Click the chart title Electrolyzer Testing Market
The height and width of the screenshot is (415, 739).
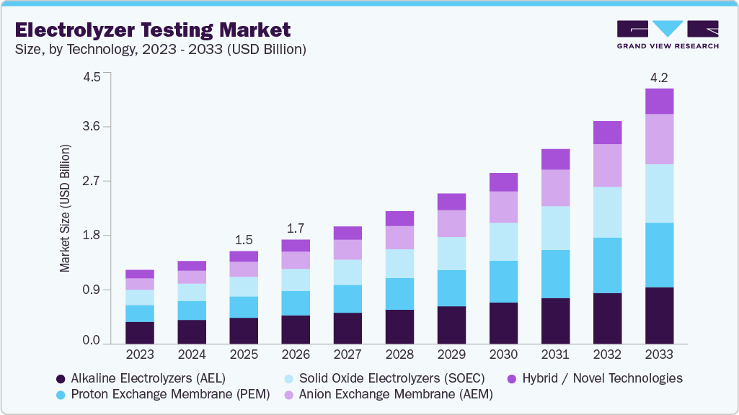coord(153,30)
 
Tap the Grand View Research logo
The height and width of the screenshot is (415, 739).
coord(668,34)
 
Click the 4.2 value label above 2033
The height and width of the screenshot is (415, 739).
coord(659,77)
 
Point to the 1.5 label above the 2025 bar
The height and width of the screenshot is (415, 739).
coord(244,240)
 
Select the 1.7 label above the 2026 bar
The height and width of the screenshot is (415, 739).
coord(296,228)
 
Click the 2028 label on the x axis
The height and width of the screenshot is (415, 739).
coord(399,354)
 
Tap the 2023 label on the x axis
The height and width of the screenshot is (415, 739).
coord(140,354)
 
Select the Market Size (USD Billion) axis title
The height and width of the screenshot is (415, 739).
coord(65,208)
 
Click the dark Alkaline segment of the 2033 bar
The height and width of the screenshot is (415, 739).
coord(659,315)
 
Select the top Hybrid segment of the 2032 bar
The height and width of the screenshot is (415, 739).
coord(607,133)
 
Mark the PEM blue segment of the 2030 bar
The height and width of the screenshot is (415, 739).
coord(503,282)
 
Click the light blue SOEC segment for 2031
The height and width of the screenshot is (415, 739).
coord(555,228)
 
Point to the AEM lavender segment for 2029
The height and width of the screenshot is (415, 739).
coord(451,223)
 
